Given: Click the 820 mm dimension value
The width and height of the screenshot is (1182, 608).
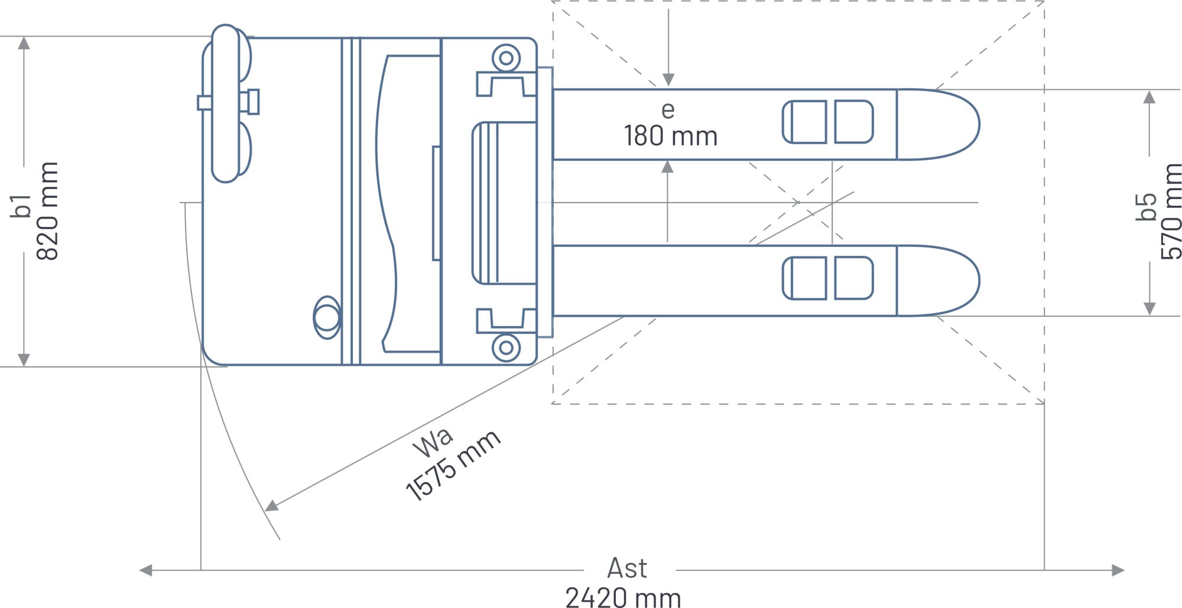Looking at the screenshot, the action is pos(48,211).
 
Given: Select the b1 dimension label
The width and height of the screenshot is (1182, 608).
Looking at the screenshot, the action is pos(21,206).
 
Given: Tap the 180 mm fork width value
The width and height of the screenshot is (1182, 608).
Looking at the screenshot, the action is pos(671,136).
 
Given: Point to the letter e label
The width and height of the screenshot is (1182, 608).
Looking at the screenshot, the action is pos(668,110).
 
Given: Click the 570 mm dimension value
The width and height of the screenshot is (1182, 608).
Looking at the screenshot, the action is pos(1171,212).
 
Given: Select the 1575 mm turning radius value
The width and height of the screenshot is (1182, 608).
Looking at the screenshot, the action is pos(453,466).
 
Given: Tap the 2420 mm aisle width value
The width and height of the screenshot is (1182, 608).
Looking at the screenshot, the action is pos(624,597).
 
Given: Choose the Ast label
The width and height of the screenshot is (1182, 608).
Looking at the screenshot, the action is pos(627,568).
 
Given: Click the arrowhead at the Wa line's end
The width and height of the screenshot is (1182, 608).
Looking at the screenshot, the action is pos(271,506).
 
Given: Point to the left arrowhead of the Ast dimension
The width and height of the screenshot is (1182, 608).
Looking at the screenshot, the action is pos(145,570).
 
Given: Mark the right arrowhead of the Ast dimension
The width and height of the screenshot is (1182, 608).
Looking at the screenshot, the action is pos(1118,570).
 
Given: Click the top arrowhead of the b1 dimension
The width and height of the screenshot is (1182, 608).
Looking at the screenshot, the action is pos(24,43).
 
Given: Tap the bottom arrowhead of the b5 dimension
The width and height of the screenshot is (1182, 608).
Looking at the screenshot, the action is pos(1149,308).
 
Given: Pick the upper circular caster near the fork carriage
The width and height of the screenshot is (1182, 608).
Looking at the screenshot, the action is pos(506,58).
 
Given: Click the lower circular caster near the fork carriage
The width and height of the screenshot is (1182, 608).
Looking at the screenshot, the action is pos(506,347).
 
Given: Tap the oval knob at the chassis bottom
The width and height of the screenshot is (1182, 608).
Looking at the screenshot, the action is pos(327,318).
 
